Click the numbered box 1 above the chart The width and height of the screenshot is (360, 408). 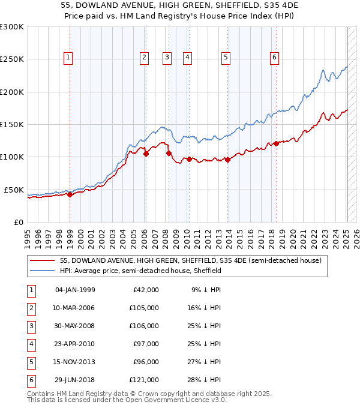(x=68, y=58)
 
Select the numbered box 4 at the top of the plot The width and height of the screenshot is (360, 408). (x=188, y=58)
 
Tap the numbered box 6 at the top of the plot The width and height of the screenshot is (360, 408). (x=274, y=58)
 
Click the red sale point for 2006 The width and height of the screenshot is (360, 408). (x=146, y=154)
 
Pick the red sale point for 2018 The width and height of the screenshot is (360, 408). (x=277, y=143)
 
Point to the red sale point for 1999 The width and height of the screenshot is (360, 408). (x=70, y=194)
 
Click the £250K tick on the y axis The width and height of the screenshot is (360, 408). (x=12, y=59)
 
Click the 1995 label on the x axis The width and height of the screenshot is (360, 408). (x=28, y=236)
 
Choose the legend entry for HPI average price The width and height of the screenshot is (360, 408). (x=140, y=271)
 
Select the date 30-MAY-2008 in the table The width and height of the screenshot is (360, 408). (x=75, y=326)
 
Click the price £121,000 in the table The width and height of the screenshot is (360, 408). (x=144, y=380)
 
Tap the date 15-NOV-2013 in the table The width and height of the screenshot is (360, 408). (x=75, y=362)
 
